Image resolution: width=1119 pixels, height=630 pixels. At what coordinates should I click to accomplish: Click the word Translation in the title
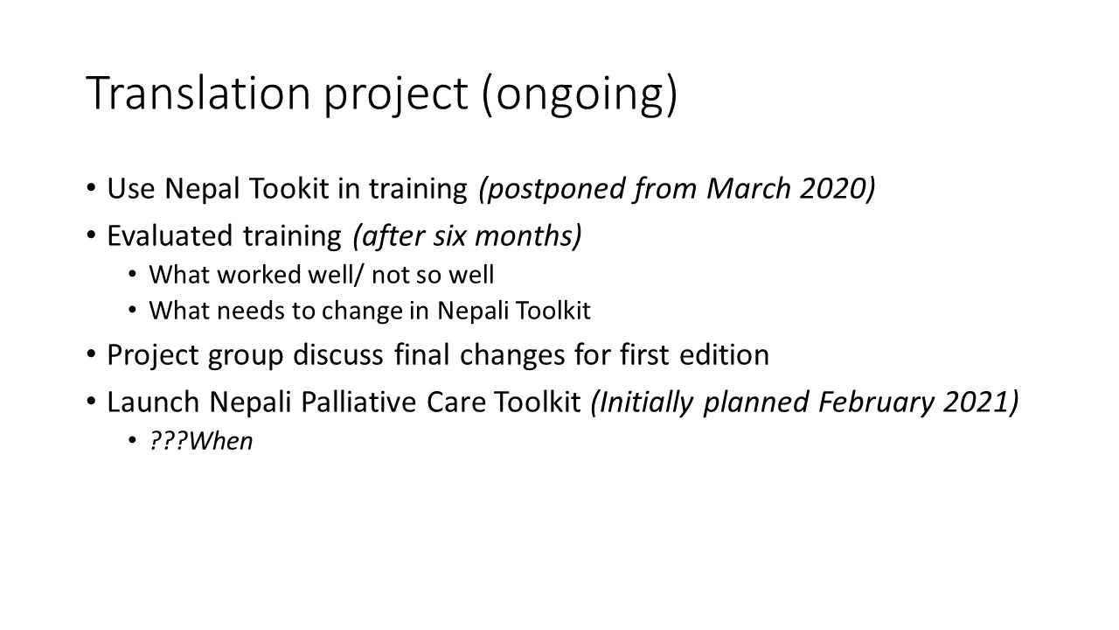(x=198, y=93)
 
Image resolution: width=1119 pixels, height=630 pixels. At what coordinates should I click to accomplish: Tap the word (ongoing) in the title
(x=580, y=95)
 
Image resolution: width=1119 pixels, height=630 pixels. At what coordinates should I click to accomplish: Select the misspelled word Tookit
(x=288, y=188)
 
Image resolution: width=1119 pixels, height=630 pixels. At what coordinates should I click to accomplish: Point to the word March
(x=748, y=188)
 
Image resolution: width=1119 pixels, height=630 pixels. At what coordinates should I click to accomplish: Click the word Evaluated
(x=170, y=235)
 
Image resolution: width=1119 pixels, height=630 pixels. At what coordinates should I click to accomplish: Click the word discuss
(x=338, y=354)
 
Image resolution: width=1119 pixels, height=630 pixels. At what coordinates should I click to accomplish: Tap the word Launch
(x=153, y=402)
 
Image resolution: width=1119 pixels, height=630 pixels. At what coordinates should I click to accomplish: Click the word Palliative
(x=358, y=402)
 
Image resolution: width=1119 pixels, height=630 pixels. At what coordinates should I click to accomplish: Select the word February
(x=876, y=402)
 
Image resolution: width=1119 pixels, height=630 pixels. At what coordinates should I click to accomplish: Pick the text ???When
(x=201, y=441)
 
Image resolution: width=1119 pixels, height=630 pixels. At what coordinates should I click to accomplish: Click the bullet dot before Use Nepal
(x=91, y=188)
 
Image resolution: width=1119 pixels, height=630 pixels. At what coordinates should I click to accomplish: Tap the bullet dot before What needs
(x=132, y=311)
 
